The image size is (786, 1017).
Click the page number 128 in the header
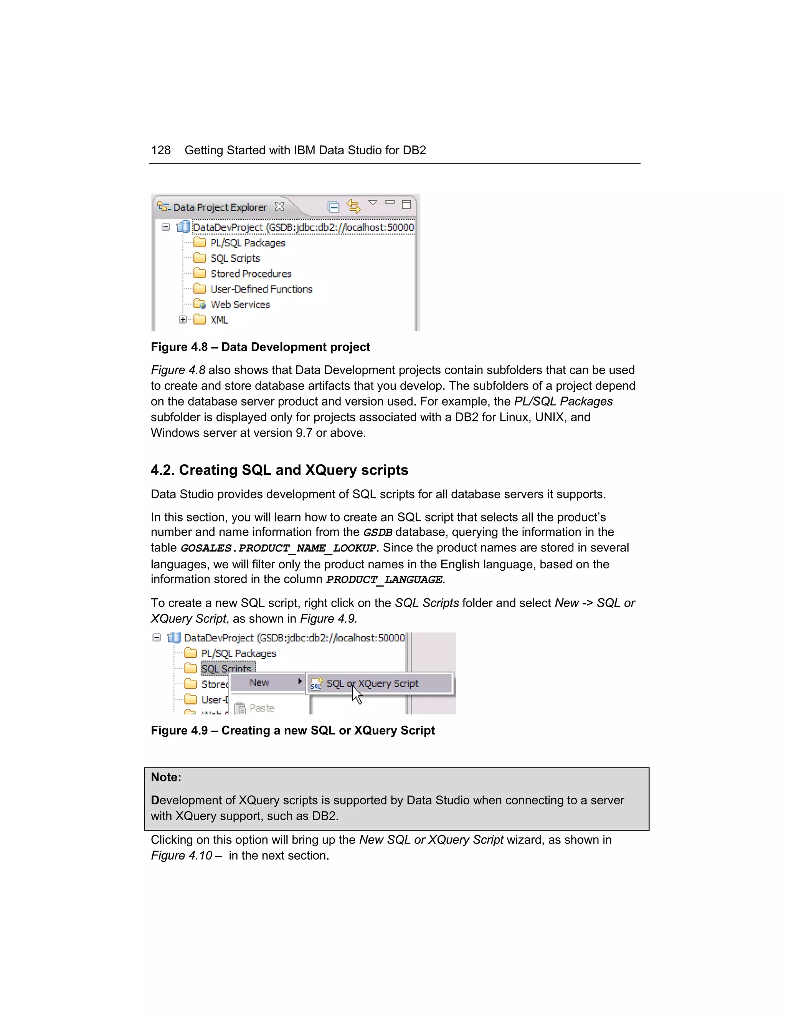tap(161, 150)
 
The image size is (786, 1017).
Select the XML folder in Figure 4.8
tap(218, 320)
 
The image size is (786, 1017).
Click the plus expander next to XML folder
tap(183, 319)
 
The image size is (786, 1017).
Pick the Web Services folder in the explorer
tap(239, 305)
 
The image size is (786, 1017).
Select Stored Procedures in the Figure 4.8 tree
tap(251, 274)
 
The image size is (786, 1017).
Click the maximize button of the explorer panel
tap(406, 205)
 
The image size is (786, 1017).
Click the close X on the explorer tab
tap(279, 206)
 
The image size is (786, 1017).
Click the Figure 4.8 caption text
tap(260, 347)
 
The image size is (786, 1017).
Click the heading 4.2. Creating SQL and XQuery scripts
tap(279, 470)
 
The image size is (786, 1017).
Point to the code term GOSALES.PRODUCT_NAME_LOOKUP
tap(278, 548)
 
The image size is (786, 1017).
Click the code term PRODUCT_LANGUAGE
tap(384, 580)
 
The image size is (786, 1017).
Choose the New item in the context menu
tap(259, 683)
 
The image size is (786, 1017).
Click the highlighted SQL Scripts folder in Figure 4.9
tap(226, 669)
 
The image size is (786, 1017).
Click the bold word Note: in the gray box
tap(166, 777)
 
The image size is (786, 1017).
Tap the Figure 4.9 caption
tap(292, 730)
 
